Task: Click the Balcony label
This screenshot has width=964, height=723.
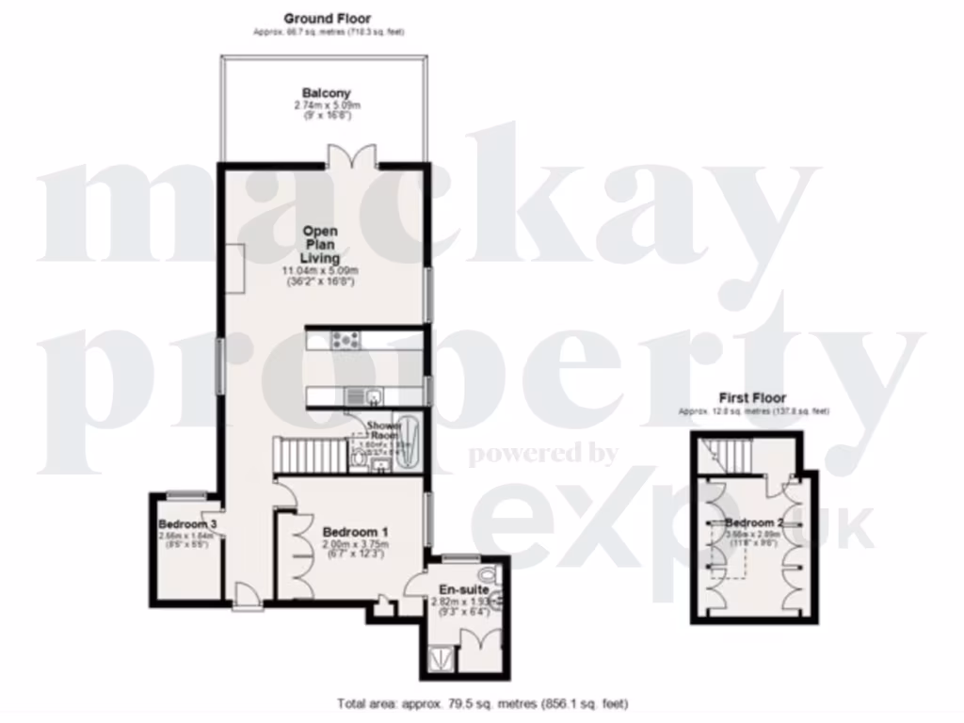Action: pos(327,93)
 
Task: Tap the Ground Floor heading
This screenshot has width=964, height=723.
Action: pos(327,18)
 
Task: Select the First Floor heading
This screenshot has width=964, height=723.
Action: pos(752,398)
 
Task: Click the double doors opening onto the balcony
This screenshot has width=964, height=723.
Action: pos(347,157)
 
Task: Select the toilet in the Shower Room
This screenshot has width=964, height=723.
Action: pos(359,458)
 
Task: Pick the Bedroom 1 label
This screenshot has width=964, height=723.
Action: pos(349,532)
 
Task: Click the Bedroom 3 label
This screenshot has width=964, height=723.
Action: pos(187,524)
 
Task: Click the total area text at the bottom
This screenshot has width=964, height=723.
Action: pos(482,704)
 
